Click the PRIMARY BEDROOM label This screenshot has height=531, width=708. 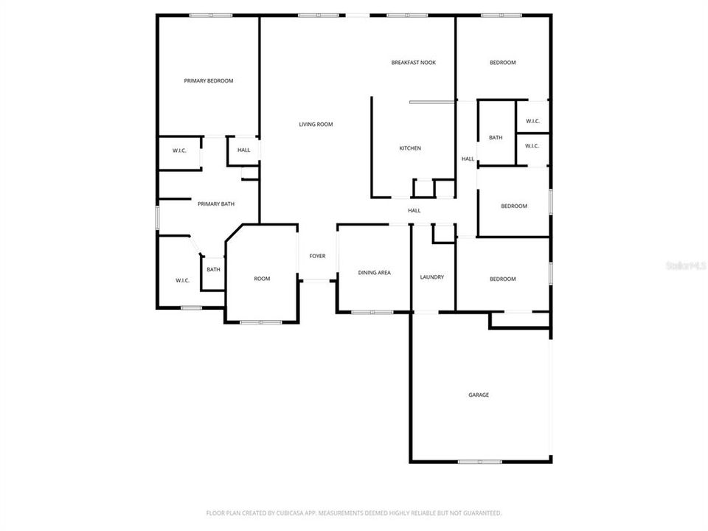tap(208, 80)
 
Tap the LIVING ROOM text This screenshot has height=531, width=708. tap(316, 125)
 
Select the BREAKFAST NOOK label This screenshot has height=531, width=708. tap(413, 63)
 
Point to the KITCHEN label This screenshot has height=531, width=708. tap(410, 148)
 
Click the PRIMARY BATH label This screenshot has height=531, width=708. tap(215, 204)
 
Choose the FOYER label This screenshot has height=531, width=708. tap(317, 256)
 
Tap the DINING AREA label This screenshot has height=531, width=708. tap(374, 273)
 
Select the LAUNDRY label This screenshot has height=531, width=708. tap(431, 277)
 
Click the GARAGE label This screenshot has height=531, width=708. tap(479, 395)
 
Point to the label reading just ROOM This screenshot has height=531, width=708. tap(262, 279)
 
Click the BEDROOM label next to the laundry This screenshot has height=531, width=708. tap(502, 279)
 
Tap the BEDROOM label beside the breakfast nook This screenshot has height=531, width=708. tap(502, 63)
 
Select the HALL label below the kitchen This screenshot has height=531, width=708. tap(414, 210)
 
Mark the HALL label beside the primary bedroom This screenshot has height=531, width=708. tap(243, 150)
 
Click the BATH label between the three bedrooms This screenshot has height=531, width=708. tap(495, 137)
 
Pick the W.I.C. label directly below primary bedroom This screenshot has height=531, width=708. tap(179, 150)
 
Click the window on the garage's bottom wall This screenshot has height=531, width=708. tap(479, 462)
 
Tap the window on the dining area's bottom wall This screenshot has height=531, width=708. tap(372, 312)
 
